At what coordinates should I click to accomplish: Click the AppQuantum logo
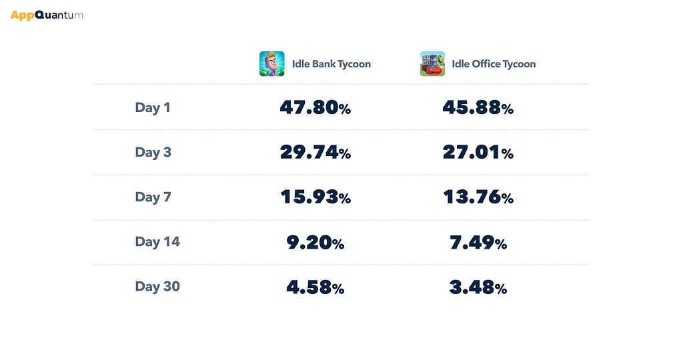point(47,16)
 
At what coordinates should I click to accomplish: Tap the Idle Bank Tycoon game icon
point(272,63)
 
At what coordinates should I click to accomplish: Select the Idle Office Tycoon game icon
point(432,63)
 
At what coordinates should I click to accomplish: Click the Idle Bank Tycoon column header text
point(331,64)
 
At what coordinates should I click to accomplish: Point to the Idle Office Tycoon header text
point(494,64)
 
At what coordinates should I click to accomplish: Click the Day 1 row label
point(153,107)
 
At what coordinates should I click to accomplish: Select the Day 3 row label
point(153,153)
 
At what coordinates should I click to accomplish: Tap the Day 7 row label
point(153,197)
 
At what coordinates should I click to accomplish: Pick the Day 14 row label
point(157,241)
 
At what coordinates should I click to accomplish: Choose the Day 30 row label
point(157,287)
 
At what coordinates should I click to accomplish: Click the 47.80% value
point(315,107)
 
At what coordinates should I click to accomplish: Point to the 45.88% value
point(478,107)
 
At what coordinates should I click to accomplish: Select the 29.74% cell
point(315,153)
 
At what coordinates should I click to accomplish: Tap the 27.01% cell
point(478,153)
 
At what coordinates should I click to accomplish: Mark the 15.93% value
point(315,197)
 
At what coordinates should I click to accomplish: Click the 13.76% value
point(478,197)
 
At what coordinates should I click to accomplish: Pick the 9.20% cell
point(315,243)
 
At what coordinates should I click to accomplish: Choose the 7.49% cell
point(478,243)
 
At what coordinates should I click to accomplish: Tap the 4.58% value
point(315,287)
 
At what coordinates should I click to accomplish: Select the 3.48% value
point(478,287)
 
